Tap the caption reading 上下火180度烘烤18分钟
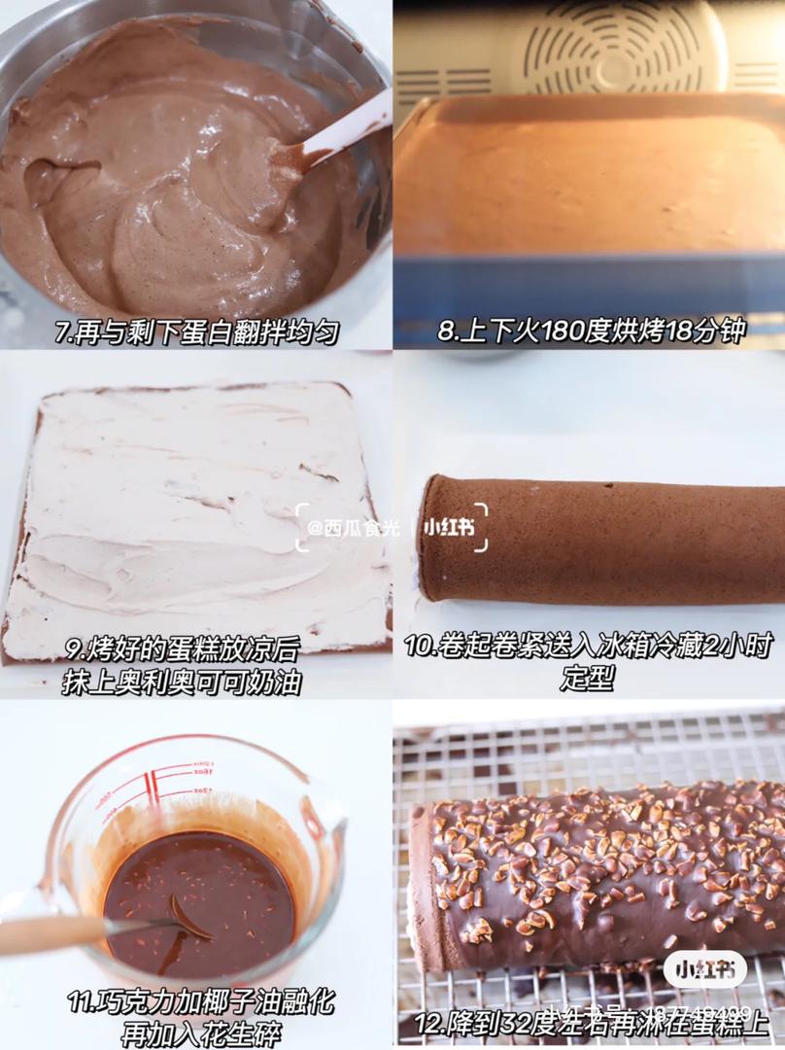591,332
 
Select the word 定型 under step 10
588,680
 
